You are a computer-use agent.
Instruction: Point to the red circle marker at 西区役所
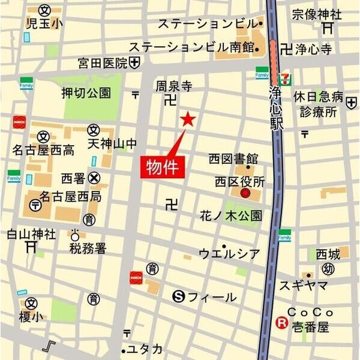point(245,193)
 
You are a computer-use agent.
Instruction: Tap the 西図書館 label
point(233,159)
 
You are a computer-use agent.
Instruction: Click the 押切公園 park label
point(86,93)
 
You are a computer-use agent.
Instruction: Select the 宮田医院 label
point(103,62)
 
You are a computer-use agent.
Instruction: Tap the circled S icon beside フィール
point(177,296)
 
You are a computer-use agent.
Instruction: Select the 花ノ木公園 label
point(231,215)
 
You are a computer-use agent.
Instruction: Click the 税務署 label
point(88,248)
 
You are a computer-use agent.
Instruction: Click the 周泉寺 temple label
point(173,86)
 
